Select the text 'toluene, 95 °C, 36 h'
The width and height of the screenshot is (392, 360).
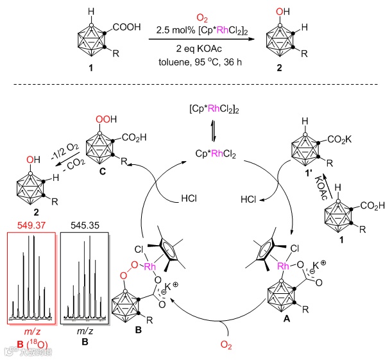pyautogui.click(x=196, y=63)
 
